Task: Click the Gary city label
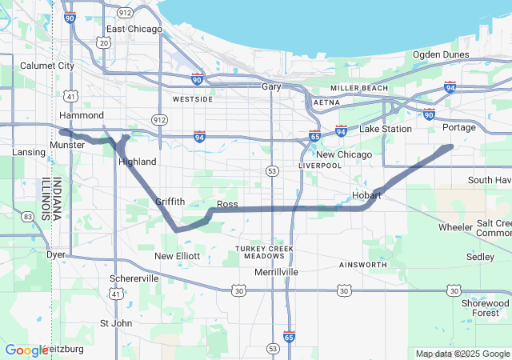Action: click(x=272, y=86)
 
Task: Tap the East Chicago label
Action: click(x=134, y=29)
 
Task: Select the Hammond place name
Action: click(x=82, y=115)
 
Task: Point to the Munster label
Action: click(x=66, y=145)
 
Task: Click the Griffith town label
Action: click(x=170, y=202)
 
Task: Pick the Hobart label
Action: click(x=366, y=195)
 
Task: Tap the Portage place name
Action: click(x=458, y=127)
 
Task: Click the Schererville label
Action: click(x=134, y=278)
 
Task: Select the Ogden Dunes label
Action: click(x=441, y=54)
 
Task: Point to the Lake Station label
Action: click(x=386, y=129)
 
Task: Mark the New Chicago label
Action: click(x=344, y=154)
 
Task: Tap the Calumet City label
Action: click(x=46, y=66)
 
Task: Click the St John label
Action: click(x=115, y=323)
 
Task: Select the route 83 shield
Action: click(x=28, y=216)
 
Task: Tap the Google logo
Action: click(x=26, y=350)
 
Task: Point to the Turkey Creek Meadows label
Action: click(x=265, y=252)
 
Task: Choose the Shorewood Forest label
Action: click(x=485, y=307)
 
